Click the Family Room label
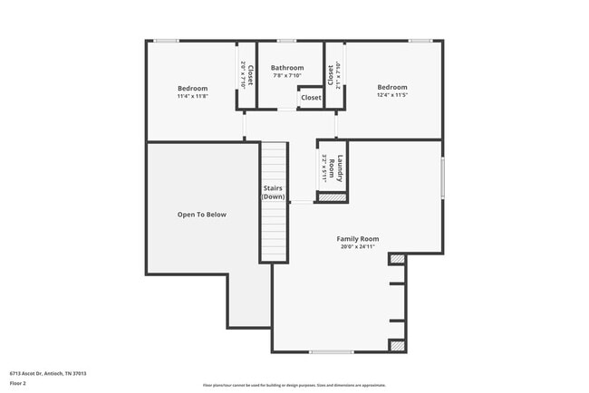(359, 239)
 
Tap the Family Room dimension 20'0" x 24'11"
(359, 246)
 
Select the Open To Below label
(201, 215)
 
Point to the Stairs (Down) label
(273, 192)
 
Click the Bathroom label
(287, 68)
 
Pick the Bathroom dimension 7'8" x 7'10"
(287, 75)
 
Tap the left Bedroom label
(192, 88)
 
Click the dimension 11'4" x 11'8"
(192, 95)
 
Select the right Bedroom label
(392, 87)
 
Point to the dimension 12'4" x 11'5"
(392, 94)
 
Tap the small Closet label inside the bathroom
(311, 97)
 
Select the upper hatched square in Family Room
(397, 259)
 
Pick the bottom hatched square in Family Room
(397, 345)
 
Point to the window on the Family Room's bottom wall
(331, 352)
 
